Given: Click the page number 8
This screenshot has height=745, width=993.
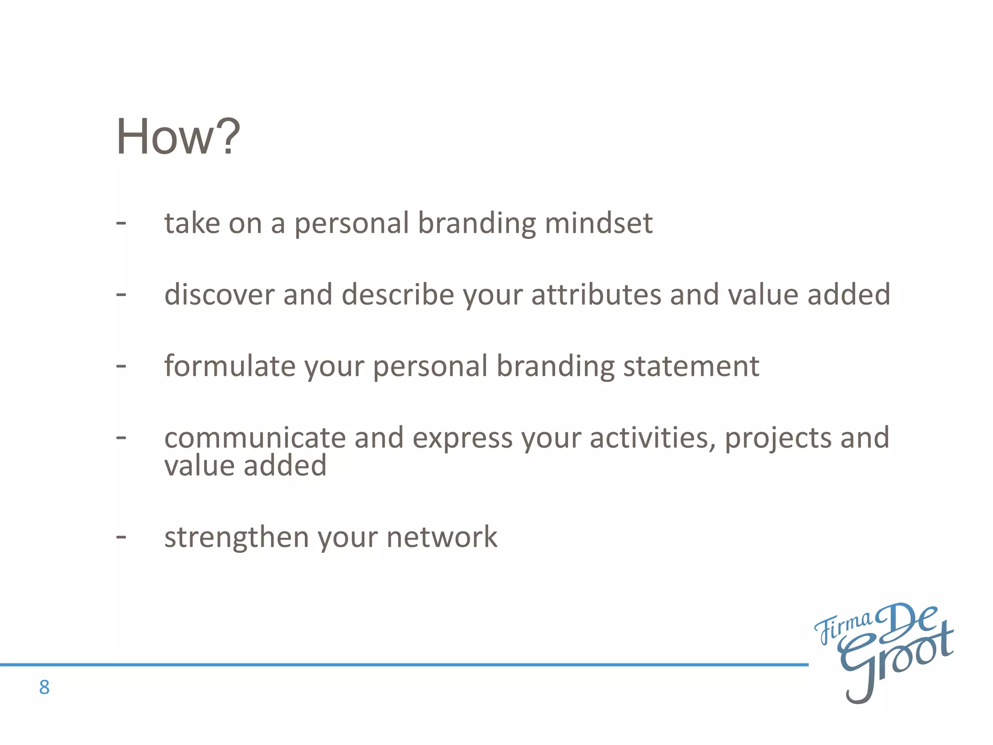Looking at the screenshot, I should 44,687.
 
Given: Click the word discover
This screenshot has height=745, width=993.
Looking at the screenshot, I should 219,294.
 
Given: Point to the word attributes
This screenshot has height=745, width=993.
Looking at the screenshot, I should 596,294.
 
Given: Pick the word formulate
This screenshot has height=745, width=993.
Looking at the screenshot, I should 229,366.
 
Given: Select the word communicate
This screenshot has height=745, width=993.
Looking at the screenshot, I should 255,437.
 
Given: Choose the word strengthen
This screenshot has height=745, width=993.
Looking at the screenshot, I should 237,537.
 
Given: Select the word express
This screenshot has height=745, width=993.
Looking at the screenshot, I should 462,438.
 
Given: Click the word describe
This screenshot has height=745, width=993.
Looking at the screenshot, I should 398,294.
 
